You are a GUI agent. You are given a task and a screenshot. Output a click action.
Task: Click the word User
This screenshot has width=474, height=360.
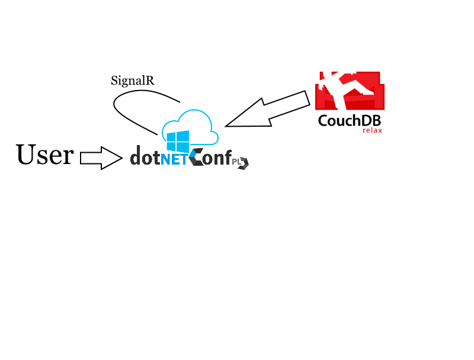coord(45,155)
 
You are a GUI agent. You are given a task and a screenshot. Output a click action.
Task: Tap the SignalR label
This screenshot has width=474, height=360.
coord(133,81)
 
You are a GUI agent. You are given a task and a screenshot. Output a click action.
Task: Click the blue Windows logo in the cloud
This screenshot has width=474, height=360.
coord(178,142)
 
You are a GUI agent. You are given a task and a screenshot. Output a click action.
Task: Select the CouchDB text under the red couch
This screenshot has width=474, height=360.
coord(349,121)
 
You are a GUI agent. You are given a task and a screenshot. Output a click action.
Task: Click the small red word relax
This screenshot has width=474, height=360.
coord(372,130)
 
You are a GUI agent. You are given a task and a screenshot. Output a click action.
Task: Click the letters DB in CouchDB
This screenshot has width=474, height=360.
coord(370,121)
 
